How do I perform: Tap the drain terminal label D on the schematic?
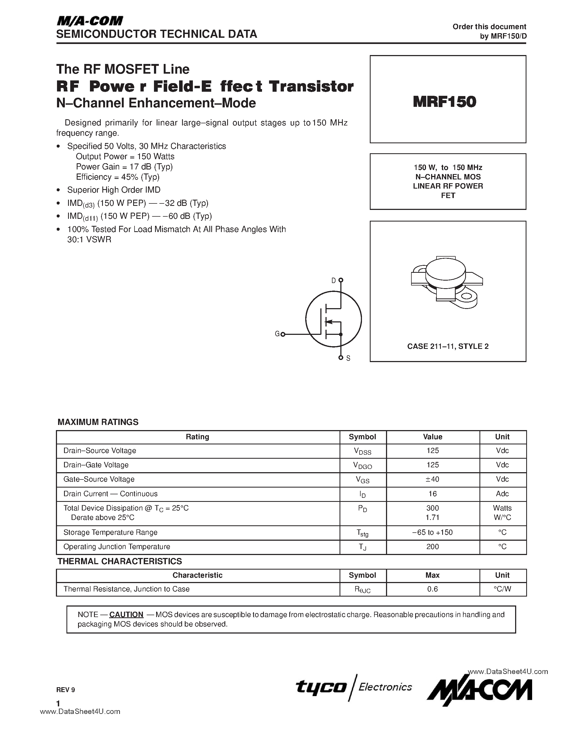(334, 280)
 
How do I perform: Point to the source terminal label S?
(348, 358)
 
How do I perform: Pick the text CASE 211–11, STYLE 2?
(448, 346)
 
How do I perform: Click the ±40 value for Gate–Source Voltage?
(432, 479)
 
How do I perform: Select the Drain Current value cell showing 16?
(432, 494)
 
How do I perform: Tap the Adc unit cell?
(502, 494)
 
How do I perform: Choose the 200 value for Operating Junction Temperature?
(432, 547)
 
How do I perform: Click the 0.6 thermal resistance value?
(432, 589)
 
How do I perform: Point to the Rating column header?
(197, 437)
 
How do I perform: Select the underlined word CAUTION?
(126, 615)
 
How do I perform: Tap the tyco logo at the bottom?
(321, 687)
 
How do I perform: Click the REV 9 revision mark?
(66, 690)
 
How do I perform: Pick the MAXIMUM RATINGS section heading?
(98, 422)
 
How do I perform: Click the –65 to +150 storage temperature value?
(432, 532)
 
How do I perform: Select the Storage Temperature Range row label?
(110, 532)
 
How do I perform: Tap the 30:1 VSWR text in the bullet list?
(89, 240)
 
